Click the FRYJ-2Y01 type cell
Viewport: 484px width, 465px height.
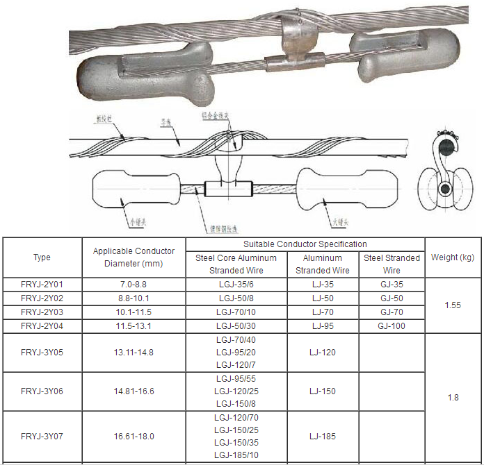[42, 285]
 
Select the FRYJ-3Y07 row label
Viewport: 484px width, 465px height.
[42, 436]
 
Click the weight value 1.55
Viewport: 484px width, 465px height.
[453, 305]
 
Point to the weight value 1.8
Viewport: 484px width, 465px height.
[453, 398]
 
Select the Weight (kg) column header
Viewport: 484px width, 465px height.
[453, 257]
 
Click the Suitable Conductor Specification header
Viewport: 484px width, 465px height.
[305, 244]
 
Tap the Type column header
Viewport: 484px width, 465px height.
[42, 257]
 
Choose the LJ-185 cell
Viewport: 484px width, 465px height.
[322, 436]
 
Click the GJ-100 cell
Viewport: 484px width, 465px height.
[392, 325]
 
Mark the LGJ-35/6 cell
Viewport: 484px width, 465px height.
[236, 285]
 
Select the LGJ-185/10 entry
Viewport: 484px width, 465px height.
[236, 455]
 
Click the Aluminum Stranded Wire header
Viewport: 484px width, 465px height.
[322, 264]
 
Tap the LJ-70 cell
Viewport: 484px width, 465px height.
[322, 312]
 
